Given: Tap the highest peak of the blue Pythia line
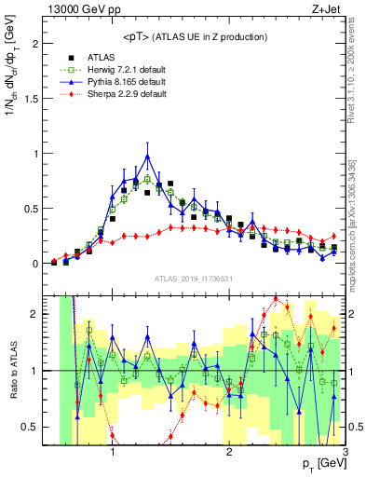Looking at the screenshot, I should [x=147, y=156].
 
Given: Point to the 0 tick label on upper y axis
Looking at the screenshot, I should [x=38, y=264].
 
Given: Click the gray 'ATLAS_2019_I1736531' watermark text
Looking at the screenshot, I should [x=193, y=279].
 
